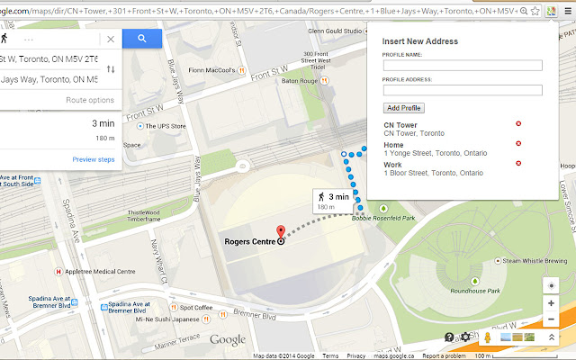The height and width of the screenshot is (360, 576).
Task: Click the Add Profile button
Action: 403,108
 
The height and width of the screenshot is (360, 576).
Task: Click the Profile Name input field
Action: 462,66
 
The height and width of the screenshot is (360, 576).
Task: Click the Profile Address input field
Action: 462,90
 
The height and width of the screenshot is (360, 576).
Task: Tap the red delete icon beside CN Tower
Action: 518,124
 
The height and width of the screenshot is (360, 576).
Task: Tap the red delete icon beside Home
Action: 518,144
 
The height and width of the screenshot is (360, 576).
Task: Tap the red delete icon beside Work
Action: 518,164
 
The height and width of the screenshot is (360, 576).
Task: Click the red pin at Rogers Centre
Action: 280,232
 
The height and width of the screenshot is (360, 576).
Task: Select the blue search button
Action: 142,39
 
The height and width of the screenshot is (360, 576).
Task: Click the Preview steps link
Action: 94,159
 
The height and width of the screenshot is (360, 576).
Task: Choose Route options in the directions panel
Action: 90,100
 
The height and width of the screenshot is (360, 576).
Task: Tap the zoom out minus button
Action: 551,319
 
